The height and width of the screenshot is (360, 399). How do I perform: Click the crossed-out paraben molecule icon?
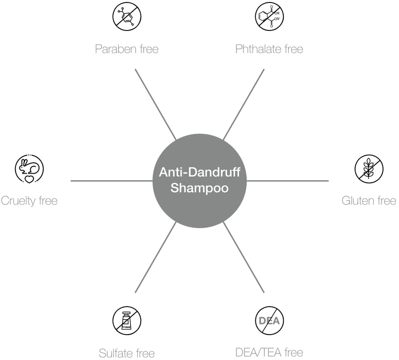(127, 16)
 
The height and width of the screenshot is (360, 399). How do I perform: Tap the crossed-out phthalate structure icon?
(269, 16)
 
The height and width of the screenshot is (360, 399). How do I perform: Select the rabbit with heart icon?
(29, 169)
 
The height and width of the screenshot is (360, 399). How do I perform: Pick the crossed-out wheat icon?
(369, 169)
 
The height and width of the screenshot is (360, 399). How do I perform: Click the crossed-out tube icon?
(127, 321)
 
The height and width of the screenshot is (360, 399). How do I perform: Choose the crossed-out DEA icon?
(269, 321)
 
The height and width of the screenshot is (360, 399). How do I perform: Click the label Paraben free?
(127, 49)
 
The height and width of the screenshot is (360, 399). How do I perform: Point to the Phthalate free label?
(269, 49)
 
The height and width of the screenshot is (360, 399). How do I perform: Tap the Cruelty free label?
(29, 201)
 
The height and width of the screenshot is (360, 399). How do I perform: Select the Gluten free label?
(369, 201)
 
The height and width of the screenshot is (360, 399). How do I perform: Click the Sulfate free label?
(127, 354)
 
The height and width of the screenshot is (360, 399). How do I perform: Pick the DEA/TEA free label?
(269, 353)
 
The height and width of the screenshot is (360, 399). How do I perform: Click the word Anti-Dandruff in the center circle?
(199, 172)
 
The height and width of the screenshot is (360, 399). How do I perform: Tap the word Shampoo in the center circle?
(199, 188)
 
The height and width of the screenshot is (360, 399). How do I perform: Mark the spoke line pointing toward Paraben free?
(156, 104)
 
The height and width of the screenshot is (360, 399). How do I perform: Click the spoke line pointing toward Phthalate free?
(243, 104)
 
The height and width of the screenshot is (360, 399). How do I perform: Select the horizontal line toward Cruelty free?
(112, 181)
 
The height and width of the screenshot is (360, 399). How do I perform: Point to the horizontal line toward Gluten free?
(288, 181)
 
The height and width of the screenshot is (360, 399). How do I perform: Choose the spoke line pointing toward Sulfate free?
(156, 257)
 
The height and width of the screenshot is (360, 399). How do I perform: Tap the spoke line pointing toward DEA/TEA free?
(243, 257)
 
